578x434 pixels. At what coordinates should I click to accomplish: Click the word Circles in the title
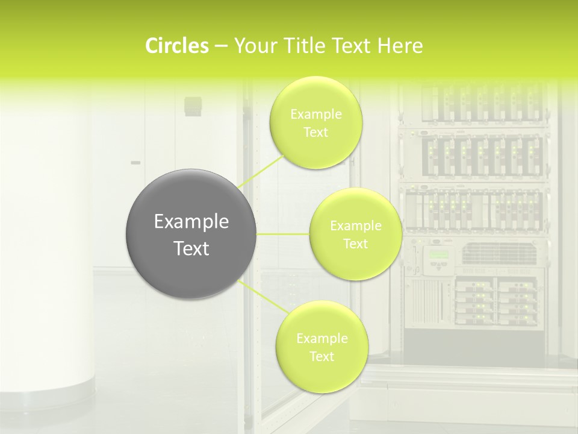coord(176,46)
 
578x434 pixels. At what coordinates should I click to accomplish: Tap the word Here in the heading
coord(400,46)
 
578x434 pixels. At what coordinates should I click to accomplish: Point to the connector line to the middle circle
coord(283,234)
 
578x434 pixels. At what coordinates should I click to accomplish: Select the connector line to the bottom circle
coord(262,295)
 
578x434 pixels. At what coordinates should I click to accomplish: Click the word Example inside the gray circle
coord(191,222)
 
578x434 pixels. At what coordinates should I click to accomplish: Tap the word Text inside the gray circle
coord(191,248)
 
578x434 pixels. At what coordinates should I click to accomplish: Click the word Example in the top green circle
coord(315,115)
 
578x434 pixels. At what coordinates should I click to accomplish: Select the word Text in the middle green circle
coord(355,244)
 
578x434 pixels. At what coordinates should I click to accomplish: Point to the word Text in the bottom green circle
coord(322,357)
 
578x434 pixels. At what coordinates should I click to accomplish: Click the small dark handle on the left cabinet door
coord(135,163)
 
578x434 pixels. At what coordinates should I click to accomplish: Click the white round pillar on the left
coord(45,253)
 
